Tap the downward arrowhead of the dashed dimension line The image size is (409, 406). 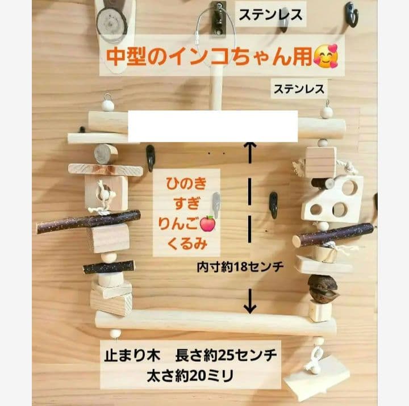coord(249,307)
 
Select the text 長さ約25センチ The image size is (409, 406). coord(229,357)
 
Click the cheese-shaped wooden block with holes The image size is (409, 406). coord(333,199)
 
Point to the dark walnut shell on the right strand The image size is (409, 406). coord(322,288)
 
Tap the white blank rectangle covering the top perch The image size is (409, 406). coord(213,126)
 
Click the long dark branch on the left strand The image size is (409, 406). coord(88,221)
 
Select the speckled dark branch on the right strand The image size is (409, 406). coord(333,235)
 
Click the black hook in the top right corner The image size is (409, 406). coord(352,13)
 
